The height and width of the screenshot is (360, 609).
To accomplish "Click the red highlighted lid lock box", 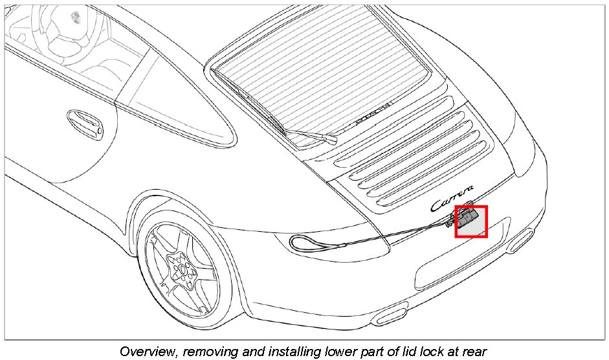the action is pyautogui.click(x=471, y=221).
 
